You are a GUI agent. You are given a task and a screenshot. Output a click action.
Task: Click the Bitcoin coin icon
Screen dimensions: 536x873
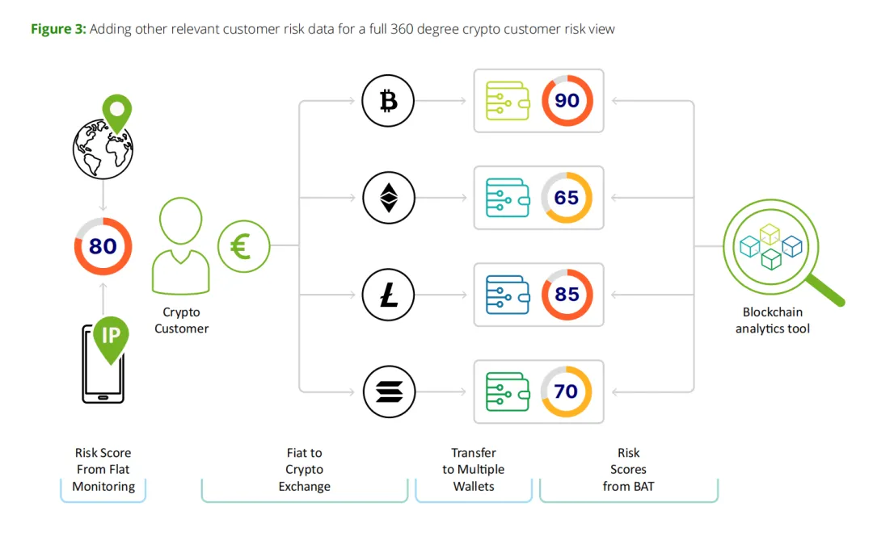coord(388,101)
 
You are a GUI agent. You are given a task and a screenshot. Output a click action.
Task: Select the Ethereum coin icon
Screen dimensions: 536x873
coord(388,198)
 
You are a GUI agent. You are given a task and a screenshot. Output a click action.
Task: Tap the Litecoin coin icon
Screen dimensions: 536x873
coord(388,295)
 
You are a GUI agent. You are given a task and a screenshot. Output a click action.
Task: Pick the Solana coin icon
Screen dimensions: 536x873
coord(388,392)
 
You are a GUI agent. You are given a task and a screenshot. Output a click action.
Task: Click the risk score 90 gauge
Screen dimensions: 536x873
coord(567,101)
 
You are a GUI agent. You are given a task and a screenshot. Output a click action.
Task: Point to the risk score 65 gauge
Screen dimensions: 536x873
coord(567,198)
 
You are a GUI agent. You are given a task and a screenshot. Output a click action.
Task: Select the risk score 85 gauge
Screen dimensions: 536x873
coord(567,295)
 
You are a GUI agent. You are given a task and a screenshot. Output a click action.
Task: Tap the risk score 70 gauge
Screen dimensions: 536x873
coord(567,392)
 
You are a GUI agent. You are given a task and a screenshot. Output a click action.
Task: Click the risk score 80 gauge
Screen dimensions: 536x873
coord(103,245)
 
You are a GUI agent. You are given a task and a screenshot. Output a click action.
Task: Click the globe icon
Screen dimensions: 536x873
coord(103,149)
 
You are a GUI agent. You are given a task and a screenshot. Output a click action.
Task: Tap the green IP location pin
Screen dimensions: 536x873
coord(111,337)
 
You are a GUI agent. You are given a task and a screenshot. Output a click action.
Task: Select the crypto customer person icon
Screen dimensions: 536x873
coord(182,246)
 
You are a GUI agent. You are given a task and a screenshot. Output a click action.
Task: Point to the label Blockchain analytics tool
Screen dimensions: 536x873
coord(772,320)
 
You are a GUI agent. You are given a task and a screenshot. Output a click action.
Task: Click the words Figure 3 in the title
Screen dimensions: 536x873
coord(58,29)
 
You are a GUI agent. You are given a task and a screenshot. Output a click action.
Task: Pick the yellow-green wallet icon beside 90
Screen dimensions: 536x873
coord(507,101)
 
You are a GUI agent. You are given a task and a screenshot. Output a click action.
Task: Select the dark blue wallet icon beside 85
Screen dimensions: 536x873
coord(507,295)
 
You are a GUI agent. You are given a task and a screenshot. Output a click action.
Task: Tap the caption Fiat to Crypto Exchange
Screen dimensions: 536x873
coord(304,470)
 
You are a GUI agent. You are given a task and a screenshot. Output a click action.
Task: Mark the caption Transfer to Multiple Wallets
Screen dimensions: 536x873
coord(474,470)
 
